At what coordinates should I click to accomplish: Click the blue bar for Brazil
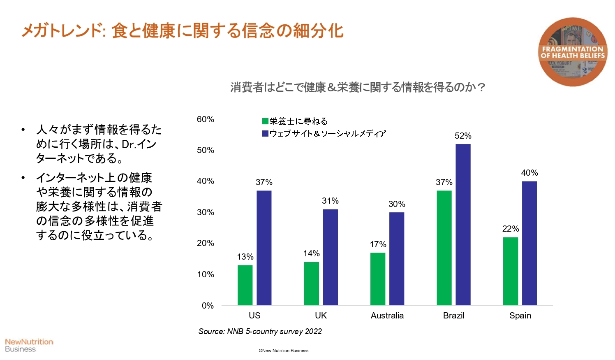tap(463, 225)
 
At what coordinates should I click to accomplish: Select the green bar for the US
tap(245, 285)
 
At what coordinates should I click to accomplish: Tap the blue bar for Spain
tap(529, 243)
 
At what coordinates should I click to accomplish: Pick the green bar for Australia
tap(378, 279)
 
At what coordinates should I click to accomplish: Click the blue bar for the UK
tap(330, 257)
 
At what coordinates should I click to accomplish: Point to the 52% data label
tap(463, 136)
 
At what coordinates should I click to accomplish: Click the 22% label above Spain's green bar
tap(511, 229)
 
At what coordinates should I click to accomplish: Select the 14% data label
tap(311, 253)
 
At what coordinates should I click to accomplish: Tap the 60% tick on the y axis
tap(205, 119)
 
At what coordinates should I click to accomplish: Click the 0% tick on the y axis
tap(208, 306)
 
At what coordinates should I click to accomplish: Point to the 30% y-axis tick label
tap(205, 212)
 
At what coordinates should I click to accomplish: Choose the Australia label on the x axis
tap(387, 316)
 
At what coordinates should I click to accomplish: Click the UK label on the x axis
tap(321, 316)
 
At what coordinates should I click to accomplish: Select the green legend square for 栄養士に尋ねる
tap(266, 121)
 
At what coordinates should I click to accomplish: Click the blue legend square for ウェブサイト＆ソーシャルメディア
tap(266, 133)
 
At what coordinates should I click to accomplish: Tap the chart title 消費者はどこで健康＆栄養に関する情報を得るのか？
tap(358, 87)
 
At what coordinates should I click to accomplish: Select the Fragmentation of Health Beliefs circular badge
tap(573, 52)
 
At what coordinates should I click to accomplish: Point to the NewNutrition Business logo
tap(29, 345)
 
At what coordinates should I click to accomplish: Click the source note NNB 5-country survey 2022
tap(260, 332)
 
